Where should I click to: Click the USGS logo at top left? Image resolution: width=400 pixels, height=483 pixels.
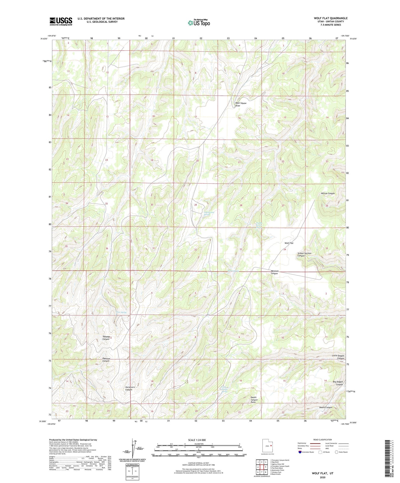[x=61, y=21]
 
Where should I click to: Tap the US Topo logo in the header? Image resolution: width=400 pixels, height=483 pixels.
[x=198, y=23]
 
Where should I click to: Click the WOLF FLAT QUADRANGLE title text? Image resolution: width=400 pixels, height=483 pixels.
[x=331, y=18]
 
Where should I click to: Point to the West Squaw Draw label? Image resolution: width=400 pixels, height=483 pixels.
[x=241, y=104]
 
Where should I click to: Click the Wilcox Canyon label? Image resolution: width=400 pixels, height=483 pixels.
[x=328, y=193]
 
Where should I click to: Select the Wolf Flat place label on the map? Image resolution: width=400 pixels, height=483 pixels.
[x=289, y=243]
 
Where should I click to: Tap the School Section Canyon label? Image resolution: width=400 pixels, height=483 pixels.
[x=304, y=255]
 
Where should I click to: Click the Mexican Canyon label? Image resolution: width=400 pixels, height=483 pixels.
[x=275, y=272]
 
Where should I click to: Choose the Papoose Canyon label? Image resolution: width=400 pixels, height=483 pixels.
[x=106, y=360]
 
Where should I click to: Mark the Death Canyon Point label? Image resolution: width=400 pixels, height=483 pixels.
[x=254, y=400]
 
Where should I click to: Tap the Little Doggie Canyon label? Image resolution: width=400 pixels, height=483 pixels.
[x=338, y=357]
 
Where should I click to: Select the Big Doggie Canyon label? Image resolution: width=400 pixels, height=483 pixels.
[x=337, y=383]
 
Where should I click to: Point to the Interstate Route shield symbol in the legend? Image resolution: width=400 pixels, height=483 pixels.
[x=300, y=452]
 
